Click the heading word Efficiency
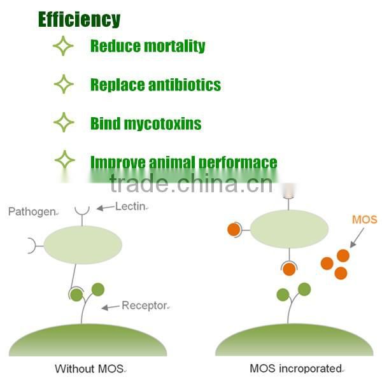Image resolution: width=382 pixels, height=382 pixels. [x=79, y=19]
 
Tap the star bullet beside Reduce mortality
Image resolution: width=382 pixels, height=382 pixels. [x=63, y=46]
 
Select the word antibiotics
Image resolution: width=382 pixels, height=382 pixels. [x=184, y=85]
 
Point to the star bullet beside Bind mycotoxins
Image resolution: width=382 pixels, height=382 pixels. [x=63, y=122]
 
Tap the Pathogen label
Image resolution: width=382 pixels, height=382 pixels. [x=32, y=211]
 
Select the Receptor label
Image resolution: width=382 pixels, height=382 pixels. [x=146, y=306]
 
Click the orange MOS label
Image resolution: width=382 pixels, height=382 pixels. [x=364, y=220]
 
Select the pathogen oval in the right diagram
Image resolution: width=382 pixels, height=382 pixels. [x=289, y=228]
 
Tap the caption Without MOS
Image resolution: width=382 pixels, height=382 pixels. [x=90, y=368]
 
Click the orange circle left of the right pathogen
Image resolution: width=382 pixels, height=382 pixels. [x=234, y=229]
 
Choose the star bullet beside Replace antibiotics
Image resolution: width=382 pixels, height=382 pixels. [x=63, y=84]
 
